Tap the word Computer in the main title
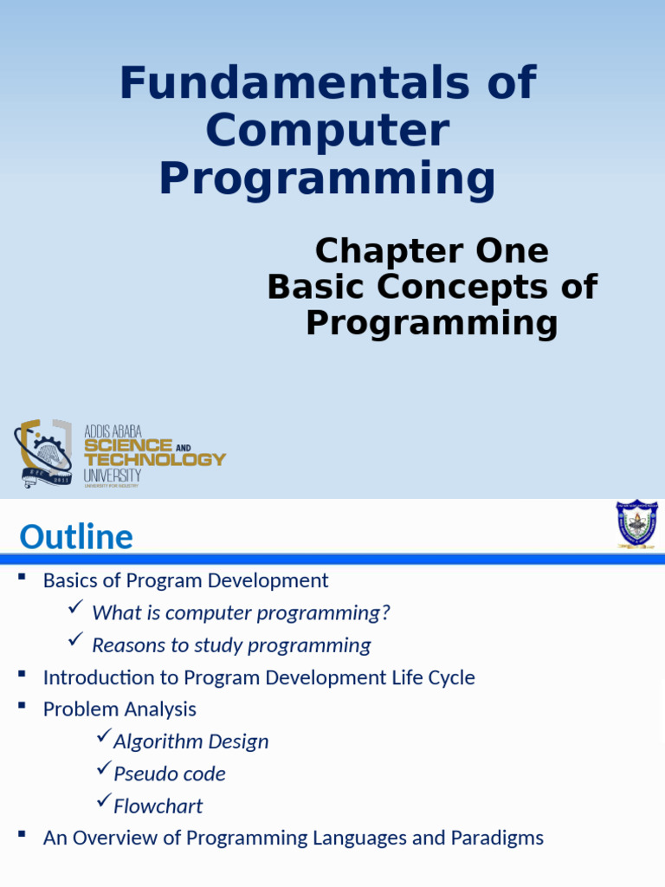tap(327, 131)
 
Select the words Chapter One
tap(431, 251)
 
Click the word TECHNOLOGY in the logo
tap(154, 459)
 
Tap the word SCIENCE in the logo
tap(127, 445)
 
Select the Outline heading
tap(76, 538)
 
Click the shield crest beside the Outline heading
tap(636, 523)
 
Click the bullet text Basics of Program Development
tap(185, 580)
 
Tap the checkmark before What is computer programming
tap(75, 610)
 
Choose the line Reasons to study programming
tap(231, 645)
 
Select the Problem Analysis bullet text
tap(119, 709)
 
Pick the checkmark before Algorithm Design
tap(103, 738)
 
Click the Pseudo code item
tap(169, 774)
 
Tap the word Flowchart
tap(158, 806)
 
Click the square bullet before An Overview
tap(23, 834)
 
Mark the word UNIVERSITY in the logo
tap(113, 476)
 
